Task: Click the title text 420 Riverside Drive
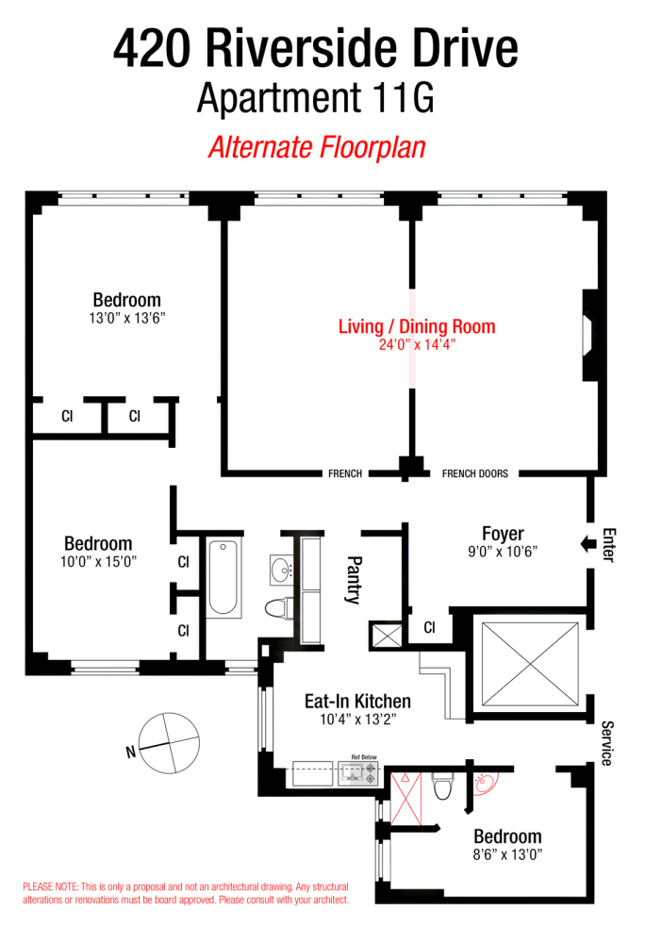tap(316, 50)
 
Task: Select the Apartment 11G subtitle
tap(316, 99)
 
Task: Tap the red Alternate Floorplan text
tap(316, 148)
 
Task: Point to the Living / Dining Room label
tap(416, 327)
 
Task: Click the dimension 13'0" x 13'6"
tap(126, 319)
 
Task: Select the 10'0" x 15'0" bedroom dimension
tap(98, 561)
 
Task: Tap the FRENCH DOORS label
tap(474, 473)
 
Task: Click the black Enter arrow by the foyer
tap(586, 544)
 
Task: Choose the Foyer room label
tap(502, 534)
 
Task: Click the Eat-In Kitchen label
tap(357, 702)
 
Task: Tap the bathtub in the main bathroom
tap(223, 577)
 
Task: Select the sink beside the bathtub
tap(280, 569)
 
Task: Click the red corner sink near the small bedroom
tap(485, 781)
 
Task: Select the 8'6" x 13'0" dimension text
tap(507, 855)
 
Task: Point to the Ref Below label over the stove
tap(364, 757)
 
